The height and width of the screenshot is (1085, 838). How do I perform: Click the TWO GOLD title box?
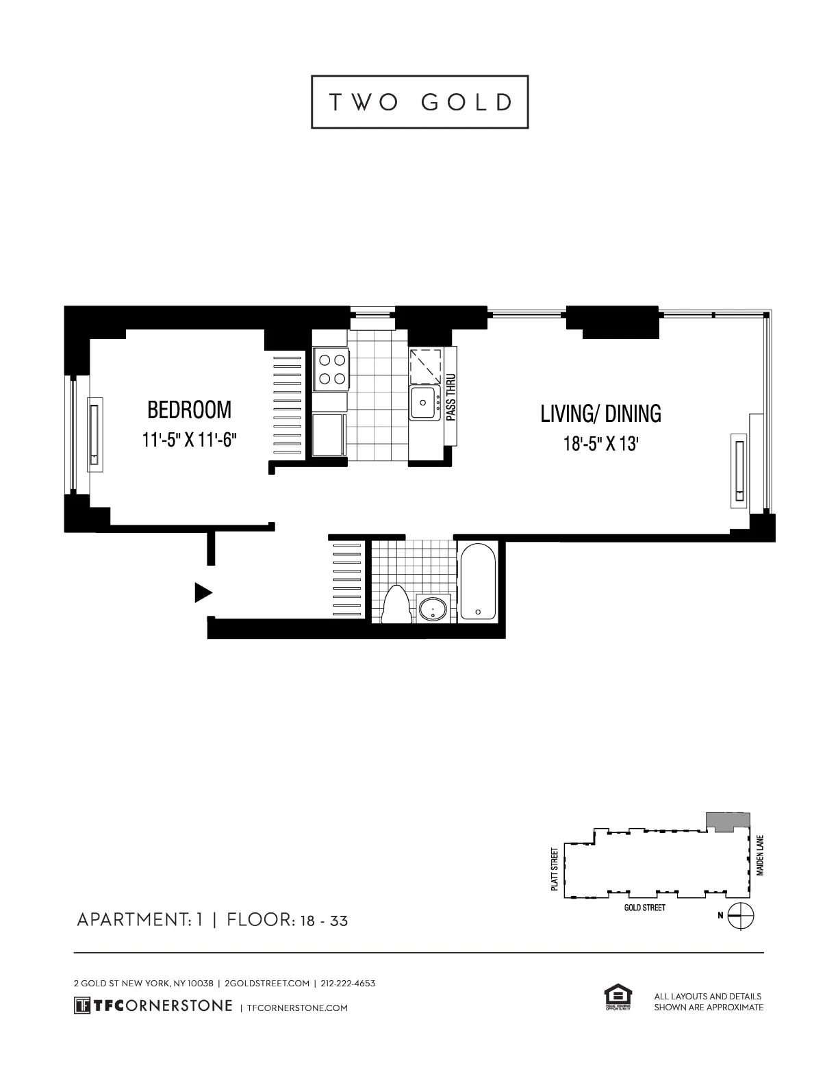pos(420,102)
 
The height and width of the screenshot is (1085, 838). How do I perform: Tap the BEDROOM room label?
pos(190,410)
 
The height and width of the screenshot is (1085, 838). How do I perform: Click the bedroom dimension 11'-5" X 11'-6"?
pos(190,440)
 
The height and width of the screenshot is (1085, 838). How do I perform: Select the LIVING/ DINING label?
pos(600,414)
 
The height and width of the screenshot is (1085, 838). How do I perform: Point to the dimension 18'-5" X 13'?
pos(600,444)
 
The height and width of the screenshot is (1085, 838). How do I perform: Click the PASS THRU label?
pos(450,398)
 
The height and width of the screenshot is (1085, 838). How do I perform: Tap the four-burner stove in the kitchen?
pos(331,369)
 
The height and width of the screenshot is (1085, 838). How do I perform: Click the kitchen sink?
pos(424,403)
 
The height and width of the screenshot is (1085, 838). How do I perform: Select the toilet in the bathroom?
pos(396,605)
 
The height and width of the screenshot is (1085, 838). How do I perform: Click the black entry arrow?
pos(203,592)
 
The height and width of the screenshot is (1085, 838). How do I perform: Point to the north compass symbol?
pos(741,915)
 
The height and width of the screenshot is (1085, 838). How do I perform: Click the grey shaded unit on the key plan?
pos(728,821)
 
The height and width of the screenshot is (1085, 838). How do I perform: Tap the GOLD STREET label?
pos(644,908)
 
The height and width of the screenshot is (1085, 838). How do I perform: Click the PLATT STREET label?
pos(555,869)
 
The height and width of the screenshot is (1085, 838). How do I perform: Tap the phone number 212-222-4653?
pos(348,983)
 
